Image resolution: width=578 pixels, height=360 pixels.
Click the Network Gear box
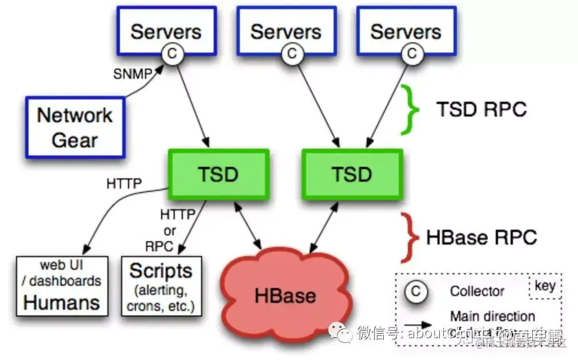click(x=75, y=127)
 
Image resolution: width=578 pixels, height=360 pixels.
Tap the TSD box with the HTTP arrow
click(x=218, y=174)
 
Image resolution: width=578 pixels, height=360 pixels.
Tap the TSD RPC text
click(x=481, y=109)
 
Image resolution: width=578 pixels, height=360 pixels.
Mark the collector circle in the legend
click(x=416, y=291)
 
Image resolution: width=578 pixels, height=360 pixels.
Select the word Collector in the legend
click(x=477, y=291)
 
